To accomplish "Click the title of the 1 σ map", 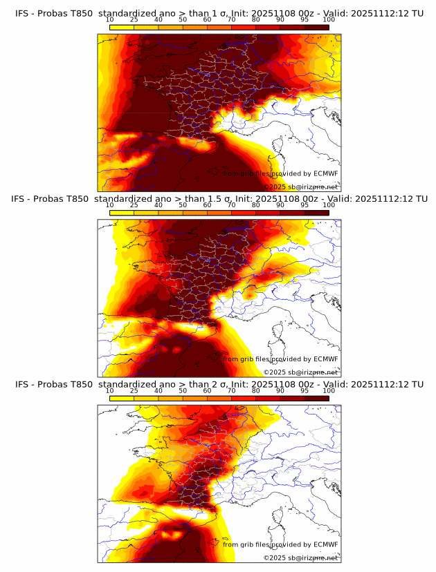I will point(219,12).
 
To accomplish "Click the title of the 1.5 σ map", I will point(219,198).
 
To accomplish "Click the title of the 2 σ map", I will point(219,383).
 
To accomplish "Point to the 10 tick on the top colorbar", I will point(110,20).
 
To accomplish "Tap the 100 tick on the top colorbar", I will point(329,20).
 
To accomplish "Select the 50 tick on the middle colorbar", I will point(183,205).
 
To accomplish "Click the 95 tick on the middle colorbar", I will point(305,205).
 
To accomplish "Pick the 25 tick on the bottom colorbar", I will point(134,391).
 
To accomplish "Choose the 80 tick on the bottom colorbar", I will point(256,391).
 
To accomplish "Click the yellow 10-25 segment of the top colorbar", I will point(122,27).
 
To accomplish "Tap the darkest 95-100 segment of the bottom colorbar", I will point(316,398).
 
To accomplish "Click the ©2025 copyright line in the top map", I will point(301,187).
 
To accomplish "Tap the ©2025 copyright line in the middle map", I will point(301,372).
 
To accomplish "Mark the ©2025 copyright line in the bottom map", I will point(301,557).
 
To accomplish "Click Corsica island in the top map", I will point(278,146).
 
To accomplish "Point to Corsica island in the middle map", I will point(278,332).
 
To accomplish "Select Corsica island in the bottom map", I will point(278,517).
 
